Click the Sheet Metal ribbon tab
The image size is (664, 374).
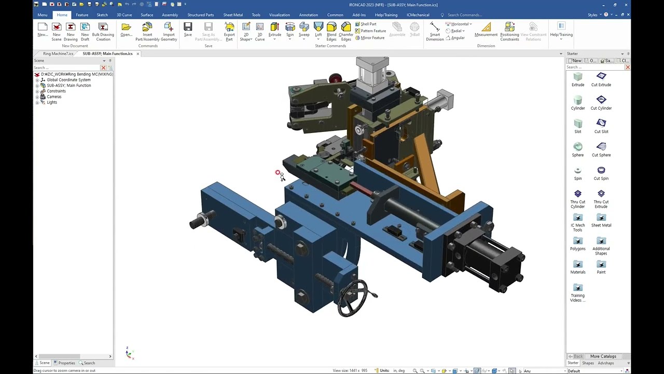click(x=233, y=15)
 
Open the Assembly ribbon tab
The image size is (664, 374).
click(x=170, y=15)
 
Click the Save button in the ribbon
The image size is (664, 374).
click(x=188, y=30)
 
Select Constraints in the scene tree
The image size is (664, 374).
click(x=56, y=91)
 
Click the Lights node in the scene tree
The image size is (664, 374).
click(x=52, y=102)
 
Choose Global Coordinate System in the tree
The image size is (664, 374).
click(x=68, y=80)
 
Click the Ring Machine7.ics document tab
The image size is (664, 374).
click(x=58, y=54)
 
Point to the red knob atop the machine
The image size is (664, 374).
click(x=335, y=78)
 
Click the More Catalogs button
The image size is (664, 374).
click(x=603, y=356)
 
